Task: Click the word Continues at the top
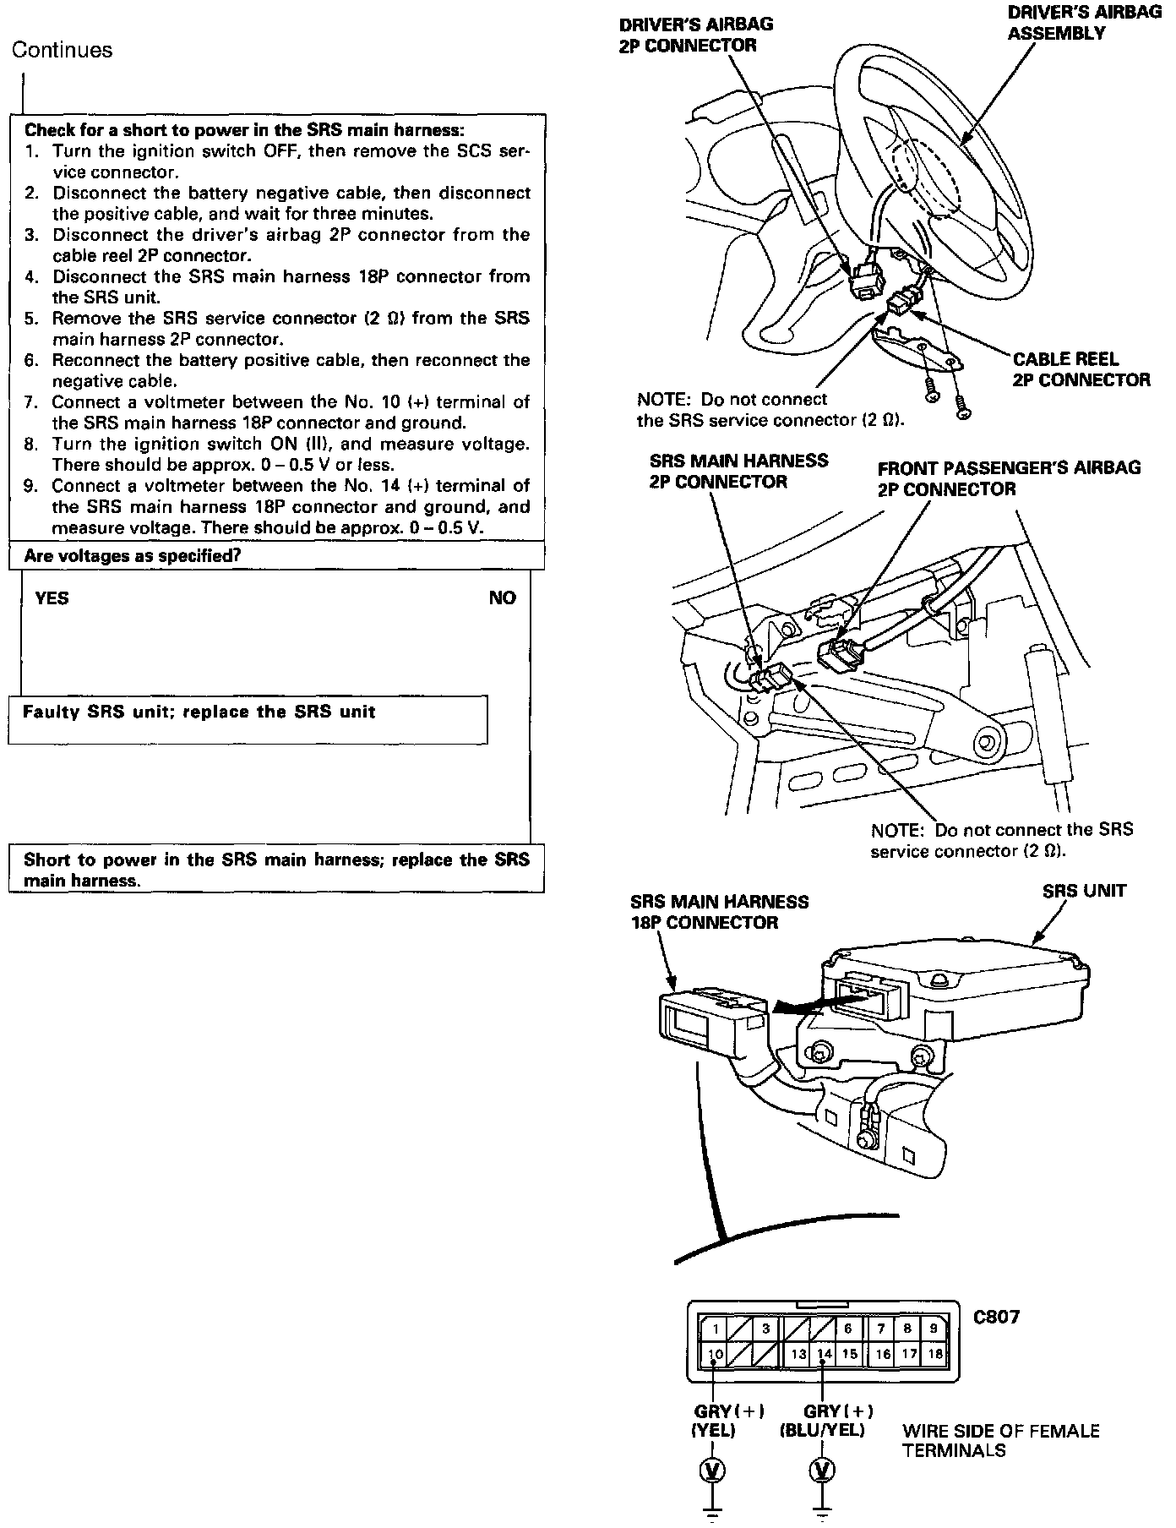pos(62,51)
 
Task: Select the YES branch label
pos(52,598)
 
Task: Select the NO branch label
pos(502,598)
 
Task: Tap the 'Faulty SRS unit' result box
pos(248,719)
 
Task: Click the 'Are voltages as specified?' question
pos(133,556)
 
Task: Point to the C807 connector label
pos(997,1317)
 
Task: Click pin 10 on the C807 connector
pos(716,1354)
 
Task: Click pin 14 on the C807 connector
pos(824,1354)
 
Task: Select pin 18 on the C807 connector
pos(934,1354)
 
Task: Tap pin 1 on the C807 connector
pos(716,1329)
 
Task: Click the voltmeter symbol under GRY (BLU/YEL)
pos(821,1471)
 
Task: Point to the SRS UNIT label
pos(1084,892)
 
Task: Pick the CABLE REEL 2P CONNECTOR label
pos(1081,369)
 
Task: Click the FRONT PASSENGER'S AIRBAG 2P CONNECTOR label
pos(1009,478)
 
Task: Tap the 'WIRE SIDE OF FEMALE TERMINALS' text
pos(1001,1441)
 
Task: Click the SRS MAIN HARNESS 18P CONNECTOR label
pos(719,912)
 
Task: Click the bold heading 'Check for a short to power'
pos(244,130)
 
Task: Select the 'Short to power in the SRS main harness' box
pos(276,870)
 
